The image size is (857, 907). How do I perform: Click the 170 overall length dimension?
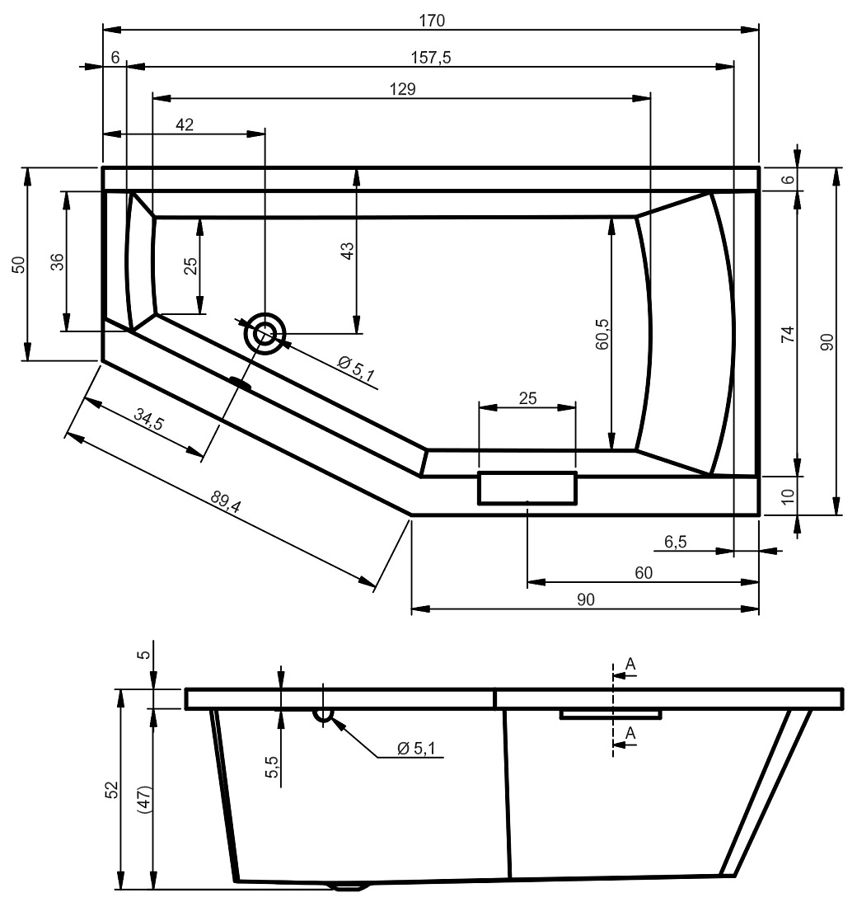pyautogui.click(x=432, y=21)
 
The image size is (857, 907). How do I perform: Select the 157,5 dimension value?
pyautogui.click(x=431, y=57)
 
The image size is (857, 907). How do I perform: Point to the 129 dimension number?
pyautogui.click(x=402, y=89)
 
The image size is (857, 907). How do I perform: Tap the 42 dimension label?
pyautogui.click(x=185, y=125)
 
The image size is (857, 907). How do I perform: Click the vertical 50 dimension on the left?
pyautogui.click(x=19, y=265)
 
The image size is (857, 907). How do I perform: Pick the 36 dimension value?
pyautogui.click(x=57, y=262)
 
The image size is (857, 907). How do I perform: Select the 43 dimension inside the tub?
pyautogui.click(x=347, y=251)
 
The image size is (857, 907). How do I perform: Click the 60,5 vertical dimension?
pyautogui.click(x=602, y=334)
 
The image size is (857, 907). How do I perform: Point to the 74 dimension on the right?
pyautogui.click(x=788, y=334)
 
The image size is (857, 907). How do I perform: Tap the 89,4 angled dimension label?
pyautogui.click(x=226, y=501)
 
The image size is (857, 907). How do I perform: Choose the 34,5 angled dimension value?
pyautogui.click(x=148, y=419)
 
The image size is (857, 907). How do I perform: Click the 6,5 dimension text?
pyautogui.click(x=675, y=542)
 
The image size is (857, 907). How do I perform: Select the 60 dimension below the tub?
pyautogui.click(x=643, y=573)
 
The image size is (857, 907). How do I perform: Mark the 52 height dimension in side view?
pyautogui.click(x=111, y=790)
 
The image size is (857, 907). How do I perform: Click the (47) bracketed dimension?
pyautogui.click(x=144, y=801)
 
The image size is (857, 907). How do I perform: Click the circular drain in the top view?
pyautogui.click(x=265, y=334)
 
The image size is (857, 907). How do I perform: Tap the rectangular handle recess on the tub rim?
pyautogui.click(x=527, y=488)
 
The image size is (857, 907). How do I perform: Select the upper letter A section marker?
pyautogui.click(x=630, y=664)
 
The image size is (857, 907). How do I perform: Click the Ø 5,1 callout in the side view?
pyautogui.click(x=416, y=749)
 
